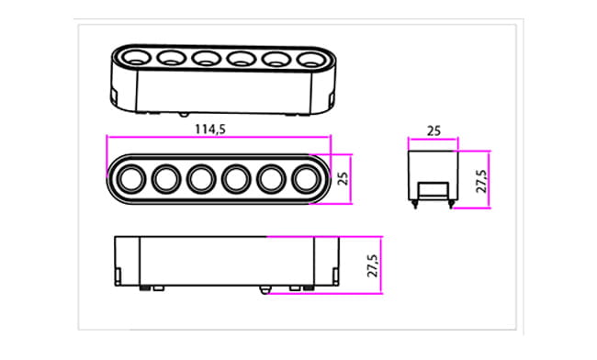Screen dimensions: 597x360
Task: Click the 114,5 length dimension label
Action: pos(210,129)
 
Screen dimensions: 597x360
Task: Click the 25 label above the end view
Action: pos(434,131)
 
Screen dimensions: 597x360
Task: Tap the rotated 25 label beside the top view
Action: pos(344,178)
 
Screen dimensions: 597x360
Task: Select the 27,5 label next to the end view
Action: pos(481,182)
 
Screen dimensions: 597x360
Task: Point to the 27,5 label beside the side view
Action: pos(373,265)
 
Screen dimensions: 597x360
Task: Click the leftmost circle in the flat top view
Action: pos(131,179)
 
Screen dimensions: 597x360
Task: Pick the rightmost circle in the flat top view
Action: pos(307,179)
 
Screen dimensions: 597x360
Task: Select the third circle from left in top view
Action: pos(201,179)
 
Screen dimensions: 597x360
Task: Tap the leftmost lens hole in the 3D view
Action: pos(136,57)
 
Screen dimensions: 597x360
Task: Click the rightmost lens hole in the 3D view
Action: pos(312,60)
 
